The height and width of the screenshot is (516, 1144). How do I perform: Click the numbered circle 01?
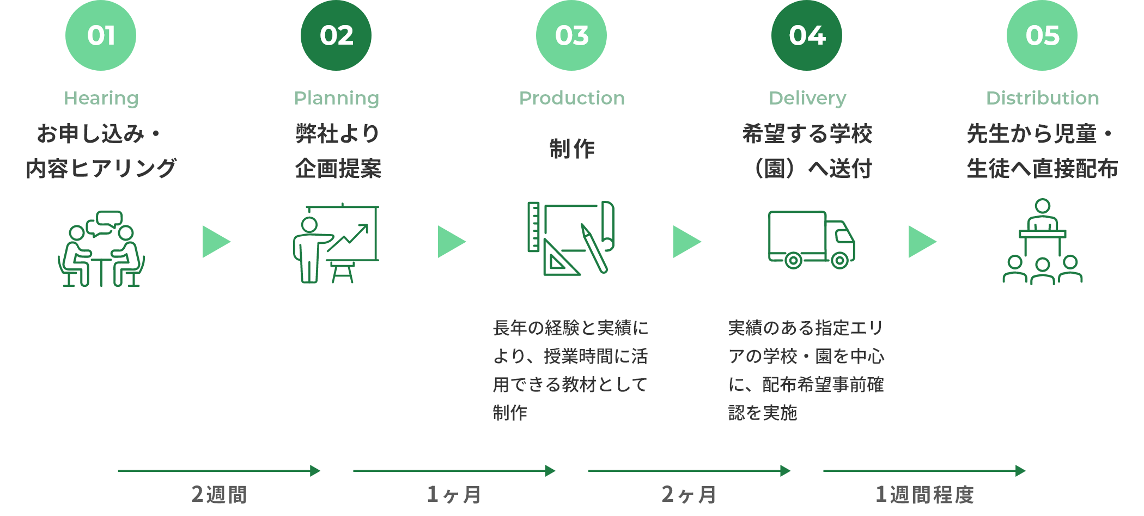[x=101, y=35]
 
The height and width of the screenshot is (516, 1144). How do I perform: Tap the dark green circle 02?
[x=336, y=35]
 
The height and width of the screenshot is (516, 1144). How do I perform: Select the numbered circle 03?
[x=571, y=35]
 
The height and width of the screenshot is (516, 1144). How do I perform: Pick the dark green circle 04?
[x=807, y=35]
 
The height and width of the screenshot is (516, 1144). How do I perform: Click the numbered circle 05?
[x=1042, y=35]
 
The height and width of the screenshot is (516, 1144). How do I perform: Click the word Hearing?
[x=101, y=98]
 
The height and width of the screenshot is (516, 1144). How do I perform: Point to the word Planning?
[x=336, y=98]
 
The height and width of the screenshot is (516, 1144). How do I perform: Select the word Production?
[x=571, y=98]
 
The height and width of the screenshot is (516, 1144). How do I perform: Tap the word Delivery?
[x=807, y=98]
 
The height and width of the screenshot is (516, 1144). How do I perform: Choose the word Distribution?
[x=1042, y=98]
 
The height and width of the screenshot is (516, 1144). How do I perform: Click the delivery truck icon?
[x=811, y=239]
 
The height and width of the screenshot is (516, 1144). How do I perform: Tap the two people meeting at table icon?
[x=101, y=249]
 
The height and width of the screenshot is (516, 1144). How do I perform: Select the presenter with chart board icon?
[x=336, y=243]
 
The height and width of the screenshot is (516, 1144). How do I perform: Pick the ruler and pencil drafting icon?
[x=571, y=238]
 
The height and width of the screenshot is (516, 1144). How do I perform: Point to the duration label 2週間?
[x=219, y=494]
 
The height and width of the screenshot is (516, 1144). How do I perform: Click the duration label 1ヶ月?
[x=454, y=494]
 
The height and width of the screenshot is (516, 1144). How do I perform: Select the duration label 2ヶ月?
[x=689, y=494]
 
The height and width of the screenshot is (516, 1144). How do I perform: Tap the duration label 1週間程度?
[x=924, y=494]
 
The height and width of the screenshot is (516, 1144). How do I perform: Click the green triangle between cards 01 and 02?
[x=215, y=242]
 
